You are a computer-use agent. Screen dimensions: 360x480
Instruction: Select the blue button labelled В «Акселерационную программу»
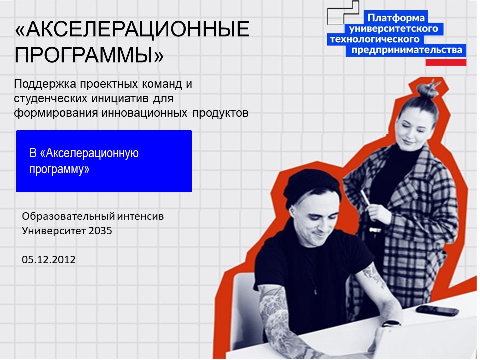[x=104, y=161]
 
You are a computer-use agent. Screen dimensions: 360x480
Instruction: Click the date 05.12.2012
[x=49, y=259]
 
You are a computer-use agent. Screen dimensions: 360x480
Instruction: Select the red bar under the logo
[x=446, y=62]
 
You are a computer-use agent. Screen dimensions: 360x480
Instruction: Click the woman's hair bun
[x=427, y=90]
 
